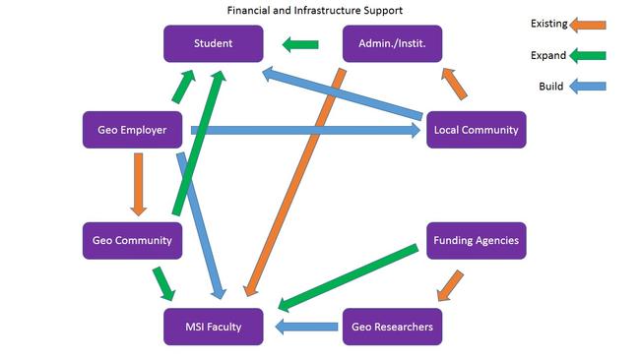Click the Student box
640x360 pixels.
pyautogui.click(x=213, y=44)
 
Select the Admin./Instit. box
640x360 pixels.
pyautogui.click(x=392, y=44)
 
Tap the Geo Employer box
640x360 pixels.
pyautogui.click(x=131, y=130)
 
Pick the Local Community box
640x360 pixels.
pyautogui.click(x=477, y=130)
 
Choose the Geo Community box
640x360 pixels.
pyautogui.click(x=131, y=241)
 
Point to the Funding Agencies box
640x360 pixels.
pyautogui.click(x=477, y=241)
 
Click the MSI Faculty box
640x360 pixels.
pyautogui.click(x=213, y=327)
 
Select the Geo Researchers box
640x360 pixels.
pyautogui.click(x=392, y=327)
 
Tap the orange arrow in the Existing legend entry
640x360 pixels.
pyautogui.click(x=589, y=24)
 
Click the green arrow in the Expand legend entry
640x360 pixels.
pyautogui.click(x=589, y=55)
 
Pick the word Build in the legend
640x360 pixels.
pyautogui.click(x=550, y=87)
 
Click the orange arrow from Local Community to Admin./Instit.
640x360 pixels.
pyautogui.click(x=455, y=85)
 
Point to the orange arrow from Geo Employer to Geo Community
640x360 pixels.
pyautogui.click(x=138, y=184)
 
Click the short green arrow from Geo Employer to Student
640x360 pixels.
pyautogui.click(x=185, y=88)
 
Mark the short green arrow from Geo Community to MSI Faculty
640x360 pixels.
pyautogui.click(x=163, y=282)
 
